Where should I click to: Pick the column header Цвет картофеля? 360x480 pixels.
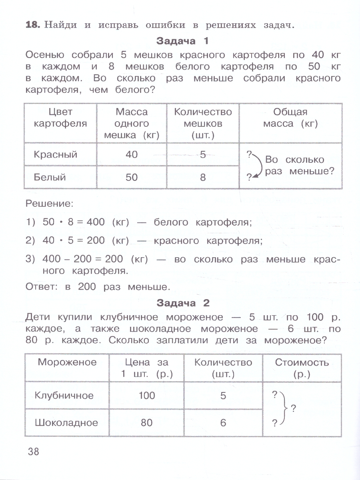point(61,118)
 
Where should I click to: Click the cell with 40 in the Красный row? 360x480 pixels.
point(132,154)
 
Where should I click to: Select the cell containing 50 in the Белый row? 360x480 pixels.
point(132,176)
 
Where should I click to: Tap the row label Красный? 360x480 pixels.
point(56,154)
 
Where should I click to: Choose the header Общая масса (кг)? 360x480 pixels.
point(290,118)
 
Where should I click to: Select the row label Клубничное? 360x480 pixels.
point(64,395)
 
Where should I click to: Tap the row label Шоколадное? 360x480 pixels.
point(66,422)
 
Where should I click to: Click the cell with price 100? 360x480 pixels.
point(147,395)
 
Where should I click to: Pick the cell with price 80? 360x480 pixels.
point(147,422)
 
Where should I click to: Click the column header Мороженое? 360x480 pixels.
point(67,362)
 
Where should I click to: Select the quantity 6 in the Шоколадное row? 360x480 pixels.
point(223,422)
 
